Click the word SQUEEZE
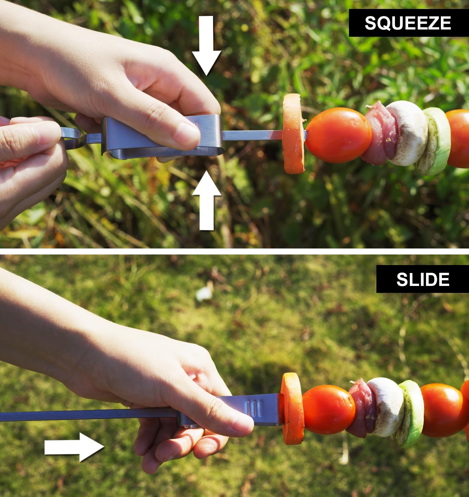408,23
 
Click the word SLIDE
423,279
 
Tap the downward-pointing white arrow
206,45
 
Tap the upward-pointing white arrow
207,200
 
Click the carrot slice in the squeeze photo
294,134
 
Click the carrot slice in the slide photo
292,409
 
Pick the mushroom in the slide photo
385,407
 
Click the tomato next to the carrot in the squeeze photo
338,135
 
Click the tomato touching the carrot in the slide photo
328,409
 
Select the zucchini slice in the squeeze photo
437,141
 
